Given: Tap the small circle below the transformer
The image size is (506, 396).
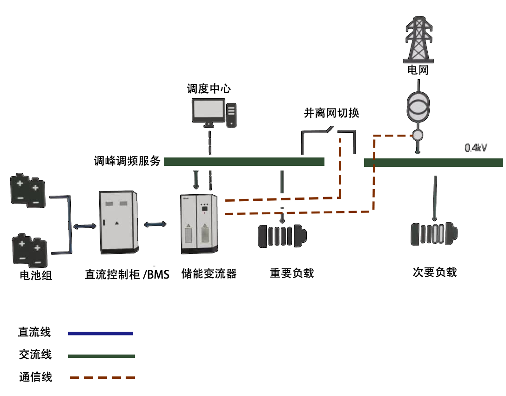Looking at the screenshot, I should click(418, 136).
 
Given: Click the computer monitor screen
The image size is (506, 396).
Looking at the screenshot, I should click(208, 110).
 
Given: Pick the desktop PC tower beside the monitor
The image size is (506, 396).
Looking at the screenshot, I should click(231, 115).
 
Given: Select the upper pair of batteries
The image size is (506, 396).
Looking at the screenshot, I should click(28, 190).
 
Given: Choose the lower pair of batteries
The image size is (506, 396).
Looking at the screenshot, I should click(30, 250).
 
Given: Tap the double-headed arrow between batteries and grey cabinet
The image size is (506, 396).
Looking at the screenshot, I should click(85, 226).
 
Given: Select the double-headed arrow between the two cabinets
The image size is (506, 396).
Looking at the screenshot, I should click(155, 225).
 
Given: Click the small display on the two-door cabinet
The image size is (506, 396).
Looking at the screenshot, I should click(203, 210).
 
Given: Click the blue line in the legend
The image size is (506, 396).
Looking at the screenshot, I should click(100, 334).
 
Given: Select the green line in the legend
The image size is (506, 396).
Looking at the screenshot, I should click(101, 356).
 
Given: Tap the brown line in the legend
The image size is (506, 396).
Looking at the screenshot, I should click(101, 377).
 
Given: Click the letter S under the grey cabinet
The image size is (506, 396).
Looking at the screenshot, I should click(165, 275).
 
